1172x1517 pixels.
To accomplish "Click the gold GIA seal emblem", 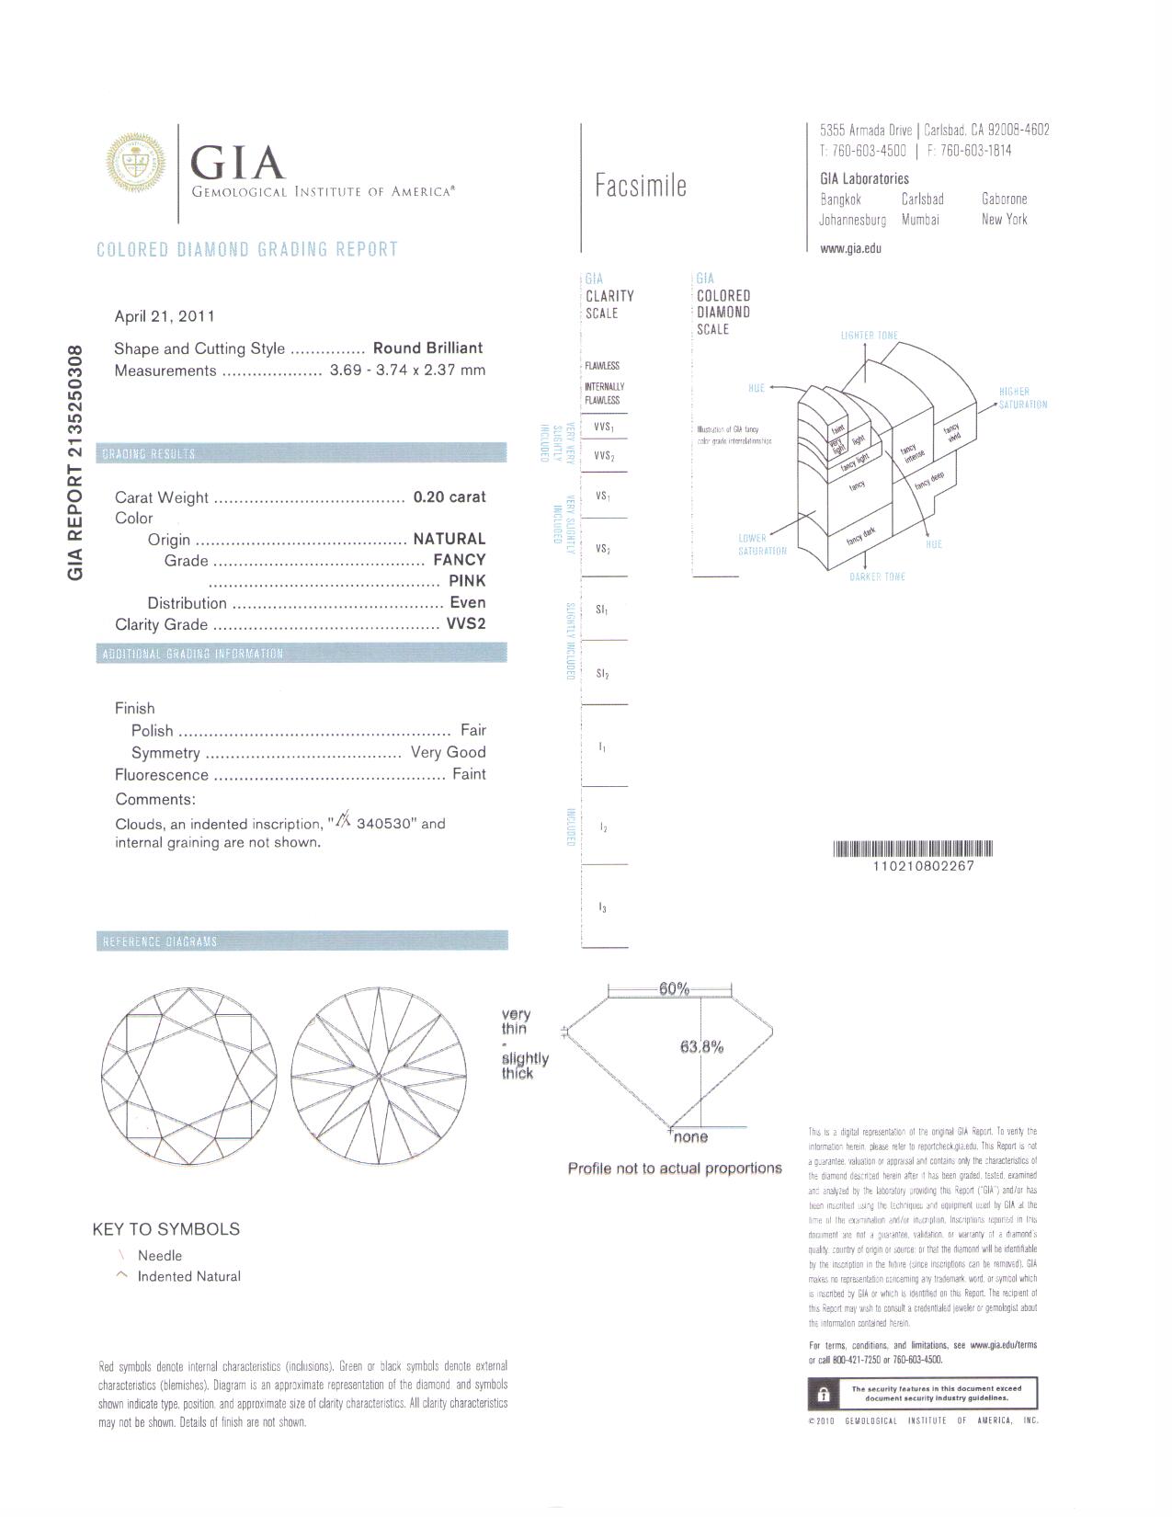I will pyautogui.click(x=138, y=162).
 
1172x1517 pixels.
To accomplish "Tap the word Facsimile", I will pyautogui.click(x=641, y=187).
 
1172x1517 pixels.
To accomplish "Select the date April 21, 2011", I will pyautogui.click(x=165, y=316).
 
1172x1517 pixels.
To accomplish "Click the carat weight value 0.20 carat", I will pyautogui.click(x=449, y=497).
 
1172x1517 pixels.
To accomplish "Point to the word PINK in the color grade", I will pyautogui.click(x=467, y=581).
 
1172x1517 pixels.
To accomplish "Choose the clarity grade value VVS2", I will pyautogui.click(x=465, y=624).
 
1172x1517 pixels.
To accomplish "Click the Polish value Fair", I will pyautogui.click(x=473, y=730).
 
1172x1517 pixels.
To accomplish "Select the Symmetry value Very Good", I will pyautogui.click(x=448, y=752).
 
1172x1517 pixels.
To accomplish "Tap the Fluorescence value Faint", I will pyautogui.click(x=469, y=774).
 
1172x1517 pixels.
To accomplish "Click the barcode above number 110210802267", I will pyautogui.click(x=913, y=849).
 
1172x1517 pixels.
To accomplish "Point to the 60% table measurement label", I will pyautogui.click(x=674, y=989).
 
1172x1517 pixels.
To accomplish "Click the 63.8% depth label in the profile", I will pyautogui.click(x=701, y=1046).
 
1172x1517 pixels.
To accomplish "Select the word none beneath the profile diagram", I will pyautogui.click(x=690, y=1137).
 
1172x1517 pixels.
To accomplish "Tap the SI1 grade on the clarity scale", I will pyautogui.click(x=602, y=610).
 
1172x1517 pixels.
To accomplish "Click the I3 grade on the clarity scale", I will pyautogui.click(x=602, y=908).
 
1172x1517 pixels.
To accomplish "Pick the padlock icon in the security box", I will pyautogui.click(x=822, y=1394).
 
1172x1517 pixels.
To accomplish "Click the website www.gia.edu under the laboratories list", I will pyautogui.click(x=850, y=248).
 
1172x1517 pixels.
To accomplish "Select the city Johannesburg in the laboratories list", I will pyautogui.click(x=853, y=220).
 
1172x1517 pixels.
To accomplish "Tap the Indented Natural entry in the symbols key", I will pyautogui.click(x=188, y=1276).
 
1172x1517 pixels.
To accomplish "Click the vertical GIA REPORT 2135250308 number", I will pyautogui.click(x=76, y=462).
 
